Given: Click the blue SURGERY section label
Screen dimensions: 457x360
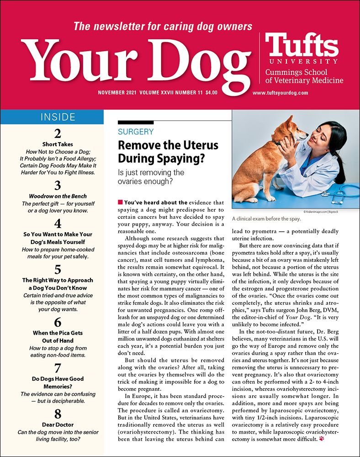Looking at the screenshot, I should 135,132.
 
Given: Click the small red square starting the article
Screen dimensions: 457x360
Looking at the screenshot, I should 121,202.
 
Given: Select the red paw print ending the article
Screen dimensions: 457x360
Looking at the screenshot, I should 322,439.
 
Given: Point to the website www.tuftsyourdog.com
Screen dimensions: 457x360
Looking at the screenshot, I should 280,93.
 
